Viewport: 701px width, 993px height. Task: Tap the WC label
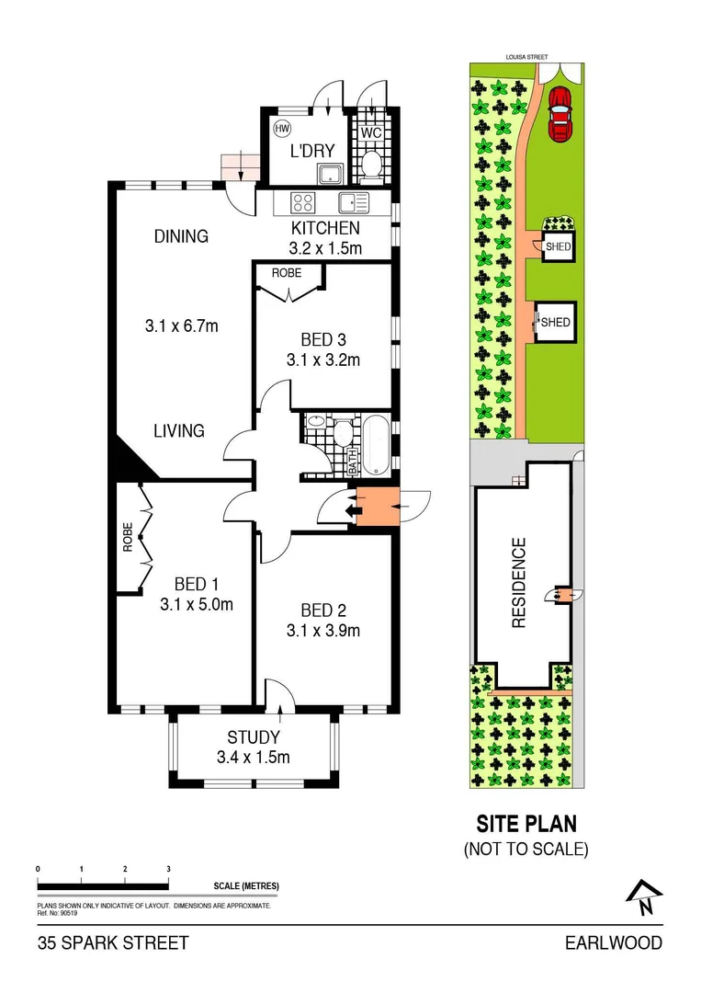pos(371,132)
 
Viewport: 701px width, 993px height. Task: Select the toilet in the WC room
pos(372,164)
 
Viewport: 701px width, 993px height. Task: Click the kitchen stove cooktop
pos(303,202)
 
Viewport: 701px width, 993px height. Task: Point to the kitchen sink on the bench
pos(352,203)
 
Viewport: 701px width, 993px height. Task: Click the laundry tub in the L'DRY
pos(328,173)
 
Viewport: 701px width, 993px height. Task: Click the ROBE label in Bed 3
pos(286,273)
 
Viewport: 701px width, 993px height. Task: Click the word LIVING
pos(178,430)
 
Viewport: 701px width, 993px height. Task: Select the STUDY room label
pos(253,737)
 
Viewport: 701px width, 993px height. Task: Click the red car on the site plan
pos(559,116)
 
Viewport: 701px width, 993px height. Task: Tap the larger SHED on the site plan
pos(555,323)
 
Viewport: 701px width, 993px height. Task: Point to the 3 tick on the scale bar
pos(168,869)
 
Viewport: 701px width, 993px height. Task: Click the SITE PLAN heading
pos(526,824)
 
